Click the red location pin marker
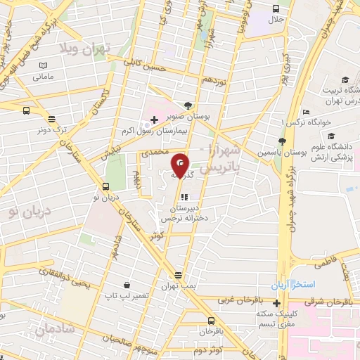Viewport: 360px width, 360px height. click(x=181, y=166)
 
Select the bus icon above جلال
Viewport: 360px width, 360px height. click(x=276, y=9)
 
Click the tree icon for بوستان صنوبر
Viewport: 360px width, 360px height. click(x=186, y=105)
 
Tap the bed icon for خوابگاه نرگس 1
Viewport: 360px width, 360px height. click(x=306, y=112)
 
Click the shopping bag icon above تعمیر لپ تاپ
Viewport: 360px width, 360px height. click(x=126, y=285)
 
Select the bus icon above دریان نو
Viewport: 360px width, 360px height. click(x=105, y=186)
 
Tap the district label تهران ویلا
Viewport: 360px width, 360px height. click(x=88, y=49)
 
